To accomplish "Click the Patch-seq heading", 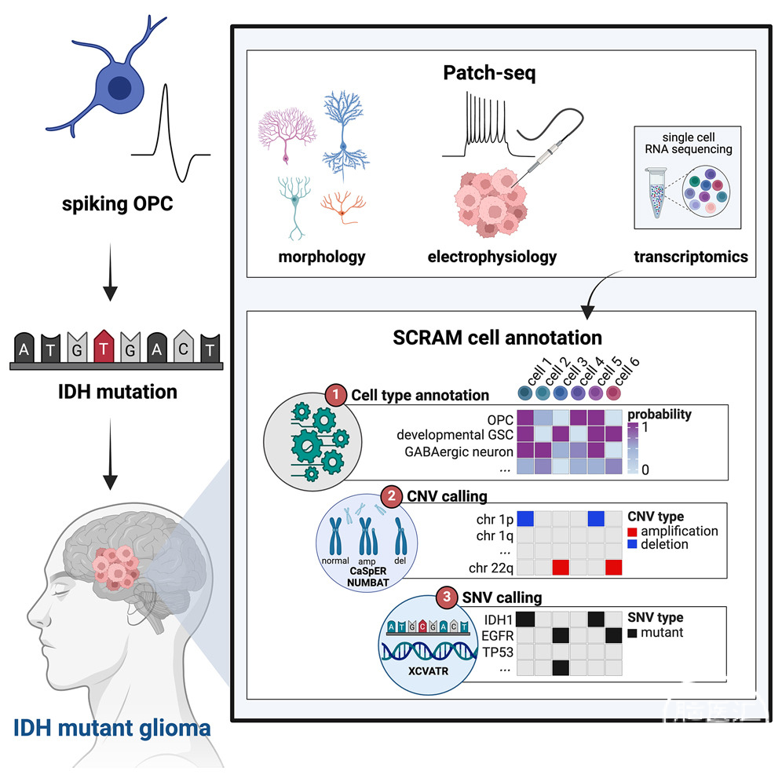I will point(500,75).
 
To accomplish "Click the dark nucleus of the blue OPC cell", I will point(120,88).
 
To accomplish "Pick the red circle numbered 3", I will point(447,597).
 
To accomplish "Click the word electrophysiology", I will point(491,257).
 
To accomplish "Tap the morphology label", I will point(323,257).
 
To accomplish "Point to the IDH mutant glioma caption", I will point(112,728).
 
